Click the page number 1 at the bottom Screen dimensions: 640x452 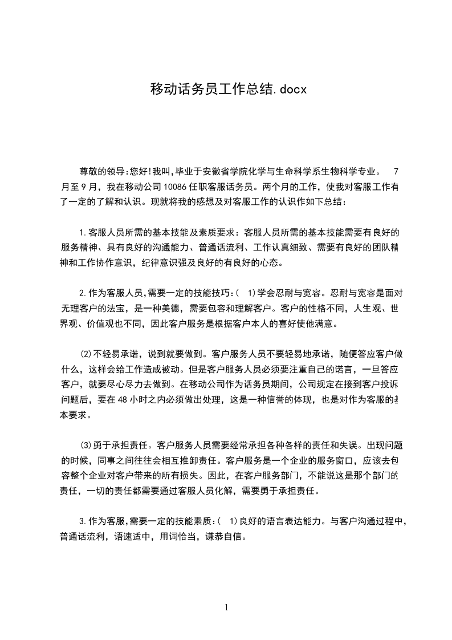[226, 607]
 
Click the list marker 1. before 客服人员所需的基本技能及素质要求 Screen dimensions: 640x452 [83, 233]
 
